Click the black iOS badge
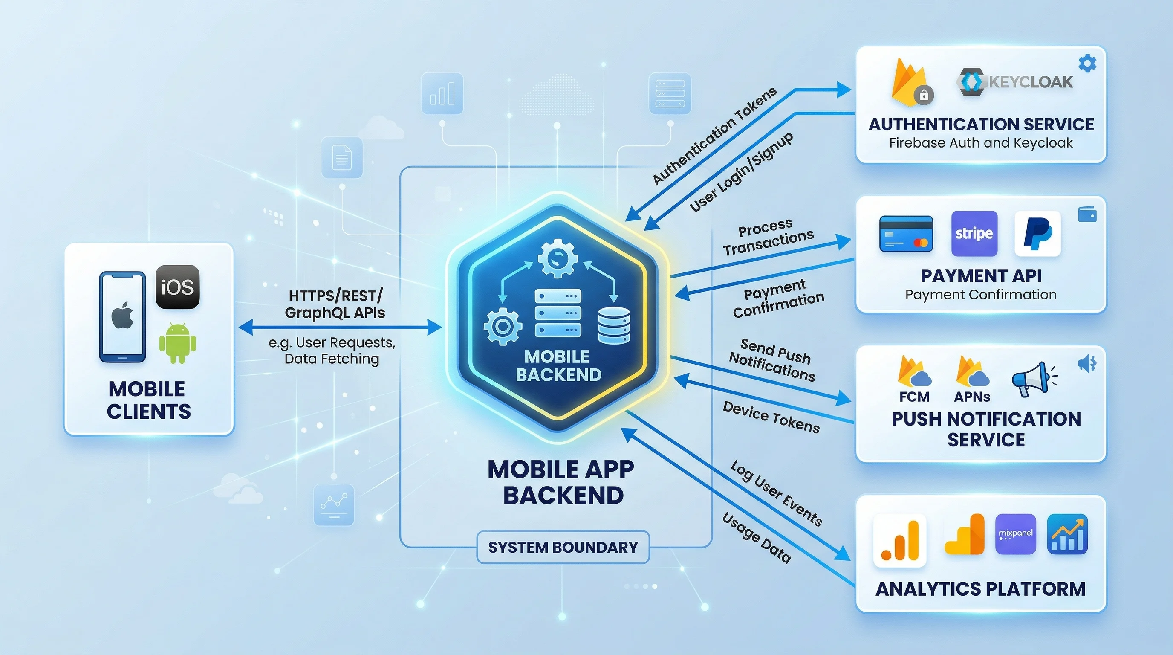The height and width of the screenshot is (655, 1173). (x=178, y=287)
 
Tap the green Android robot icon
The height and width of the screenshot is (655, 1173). (x=178, y=343)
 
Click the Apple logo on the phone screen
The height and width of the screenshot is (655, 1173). (x=122, y=315)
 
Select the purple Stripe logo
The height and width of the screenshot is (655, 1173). (x=974, y=233)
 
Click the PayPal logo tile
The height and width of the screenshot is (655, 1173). (x=1037, y=233)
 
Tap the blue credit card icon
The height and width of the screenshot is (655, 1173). (x=906, y=234)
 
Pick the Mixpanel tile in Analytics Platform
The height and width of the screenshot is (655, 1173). (x=1015, y=534)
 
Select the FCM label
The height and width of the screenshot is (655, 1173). (x=914, y=397)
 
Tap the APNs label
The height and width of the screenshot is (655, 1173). (x=972, y=397)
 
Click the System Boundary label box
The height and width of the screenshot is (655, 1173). (x=563, y=547)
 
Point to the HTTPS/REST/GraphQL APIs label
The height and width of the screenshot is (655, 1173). (x=335, y=304)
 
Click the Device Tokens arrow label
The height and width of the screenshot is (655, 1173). (x=771, y=417)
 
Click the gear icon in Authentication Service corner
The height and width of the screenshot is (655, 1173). (x=1087, y=63)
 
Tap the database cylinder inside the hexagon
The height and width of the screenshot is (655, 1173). (x=614, y=325)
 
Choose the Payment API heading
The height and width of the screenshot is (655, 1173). (x=981, y=275)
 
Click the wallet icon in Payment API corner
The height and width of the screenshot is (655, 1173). (x=1087, y=214)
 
